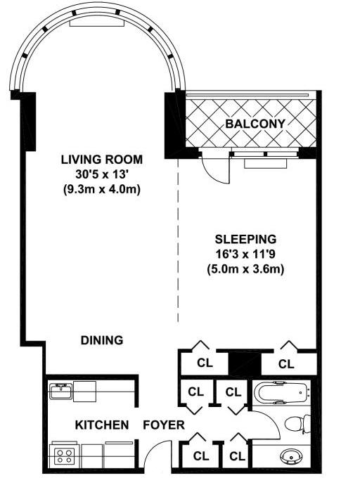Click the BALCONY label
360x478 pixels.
pyautogui.click(x=255, y=124)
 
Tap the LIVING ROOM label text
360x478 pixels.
pyautogui.click(x=102, y=160)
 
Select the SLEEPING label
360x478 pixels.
pyautogui.click(x=245, y=239)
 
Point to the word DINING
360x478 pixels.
pyautogui.click(x=102, y=340)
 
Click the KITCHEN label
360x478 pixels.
pyautogui.click(x=102, y=425)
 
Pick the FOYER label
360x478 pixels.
pyautogui.click(x=164, y=425)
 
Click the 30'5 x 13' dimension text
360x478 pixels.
pyautogui.click(x=102, y=174)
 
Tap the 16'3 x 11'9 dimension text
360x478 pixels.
pyautogui.click(x=245, y=254)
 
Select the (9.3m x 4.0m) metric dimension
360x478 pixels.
pyautogui.click(x=102, y=190)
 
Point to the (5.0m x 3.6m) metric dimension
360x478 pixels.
pyautogui.click(x=245, y=269)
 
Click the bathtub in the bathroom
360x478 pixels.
pyautogui.click(x=281, y=392)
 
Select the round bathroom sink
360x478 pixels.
pyautogui.click(x=290, y=456)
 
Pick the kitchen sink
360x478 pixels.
pyautogui.click(x=61, y=391)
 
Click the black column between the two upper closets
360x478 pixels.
pyautogui.click(x=245, y=363)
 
